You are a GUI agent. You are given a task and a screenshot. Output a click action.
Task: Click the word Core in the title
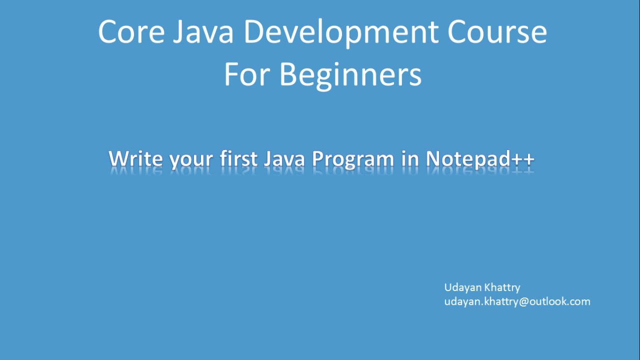(x=131, y=31)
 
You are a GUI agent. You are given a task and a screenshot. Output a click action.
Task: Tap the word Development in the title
(x=340, y=32)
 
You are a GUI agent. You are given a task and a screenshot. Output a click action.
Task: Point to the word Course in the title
(x=497, y=31)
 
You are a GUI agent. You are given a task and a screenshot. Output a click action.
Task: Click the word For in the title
(x=247, y=75)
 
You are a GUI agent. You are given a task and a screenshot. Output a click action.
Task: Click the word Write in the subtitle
(x=136, y=158)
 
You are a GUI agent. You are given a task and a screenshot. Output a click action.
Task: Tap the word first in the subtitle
(x=239, y=158)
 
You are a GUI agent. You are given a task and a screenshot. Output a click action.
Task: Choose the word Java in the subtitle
(x=284, y=158)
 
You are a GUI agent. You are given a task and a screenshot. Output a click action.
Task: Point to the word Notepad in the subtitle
(x=468, y=159)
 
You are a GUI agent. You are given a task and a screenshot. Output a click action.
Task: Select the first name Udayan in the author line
(x=462, y=287)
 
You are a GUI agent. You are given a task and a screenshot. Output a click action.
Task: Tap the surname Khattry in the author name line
(x=502, y=287)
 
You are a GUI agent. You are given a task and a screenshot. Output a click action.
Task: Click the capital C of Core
(x=108, y=31)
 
